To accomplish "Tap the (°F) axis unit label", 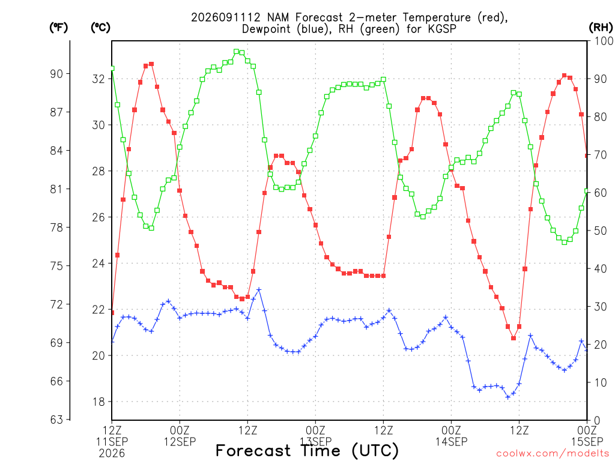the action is [x=58, y=28].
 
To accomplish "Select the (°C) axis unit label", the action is [x=100, y=28].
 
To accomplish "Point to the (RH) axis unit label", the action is [x=601, y=28].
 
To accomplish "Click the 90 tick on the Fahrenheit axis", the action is [x=56, y=74].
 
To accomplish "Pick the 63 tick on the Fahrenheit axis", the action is [x=56, y=420].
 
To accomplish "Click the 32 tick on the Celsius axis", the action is [x=98, y=79].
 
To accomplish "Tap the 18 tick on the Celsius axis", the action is [x=98, y=402].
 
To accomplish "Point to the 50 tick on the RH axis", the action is [x=601, y=230].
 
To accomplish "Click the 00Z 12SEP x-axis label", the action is [x=180, y=436].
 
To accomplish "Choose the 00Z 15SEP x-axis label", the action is [x=587, y=436].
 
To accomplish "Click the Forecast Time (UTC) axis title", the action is [x=307, y=450].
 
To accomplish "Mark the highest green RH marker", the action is [x=236, y=52].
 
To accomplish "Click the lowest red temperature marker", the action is [x=514, y=338].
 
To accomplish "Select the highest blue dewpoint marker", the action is [x=259, y=290].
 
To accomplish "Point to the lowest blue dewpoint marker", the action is [x=508, y=397].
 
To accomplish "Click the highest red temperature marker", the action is [x=151, y=64].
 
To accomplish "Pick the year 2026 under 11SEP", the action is [x=112, y=454].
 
